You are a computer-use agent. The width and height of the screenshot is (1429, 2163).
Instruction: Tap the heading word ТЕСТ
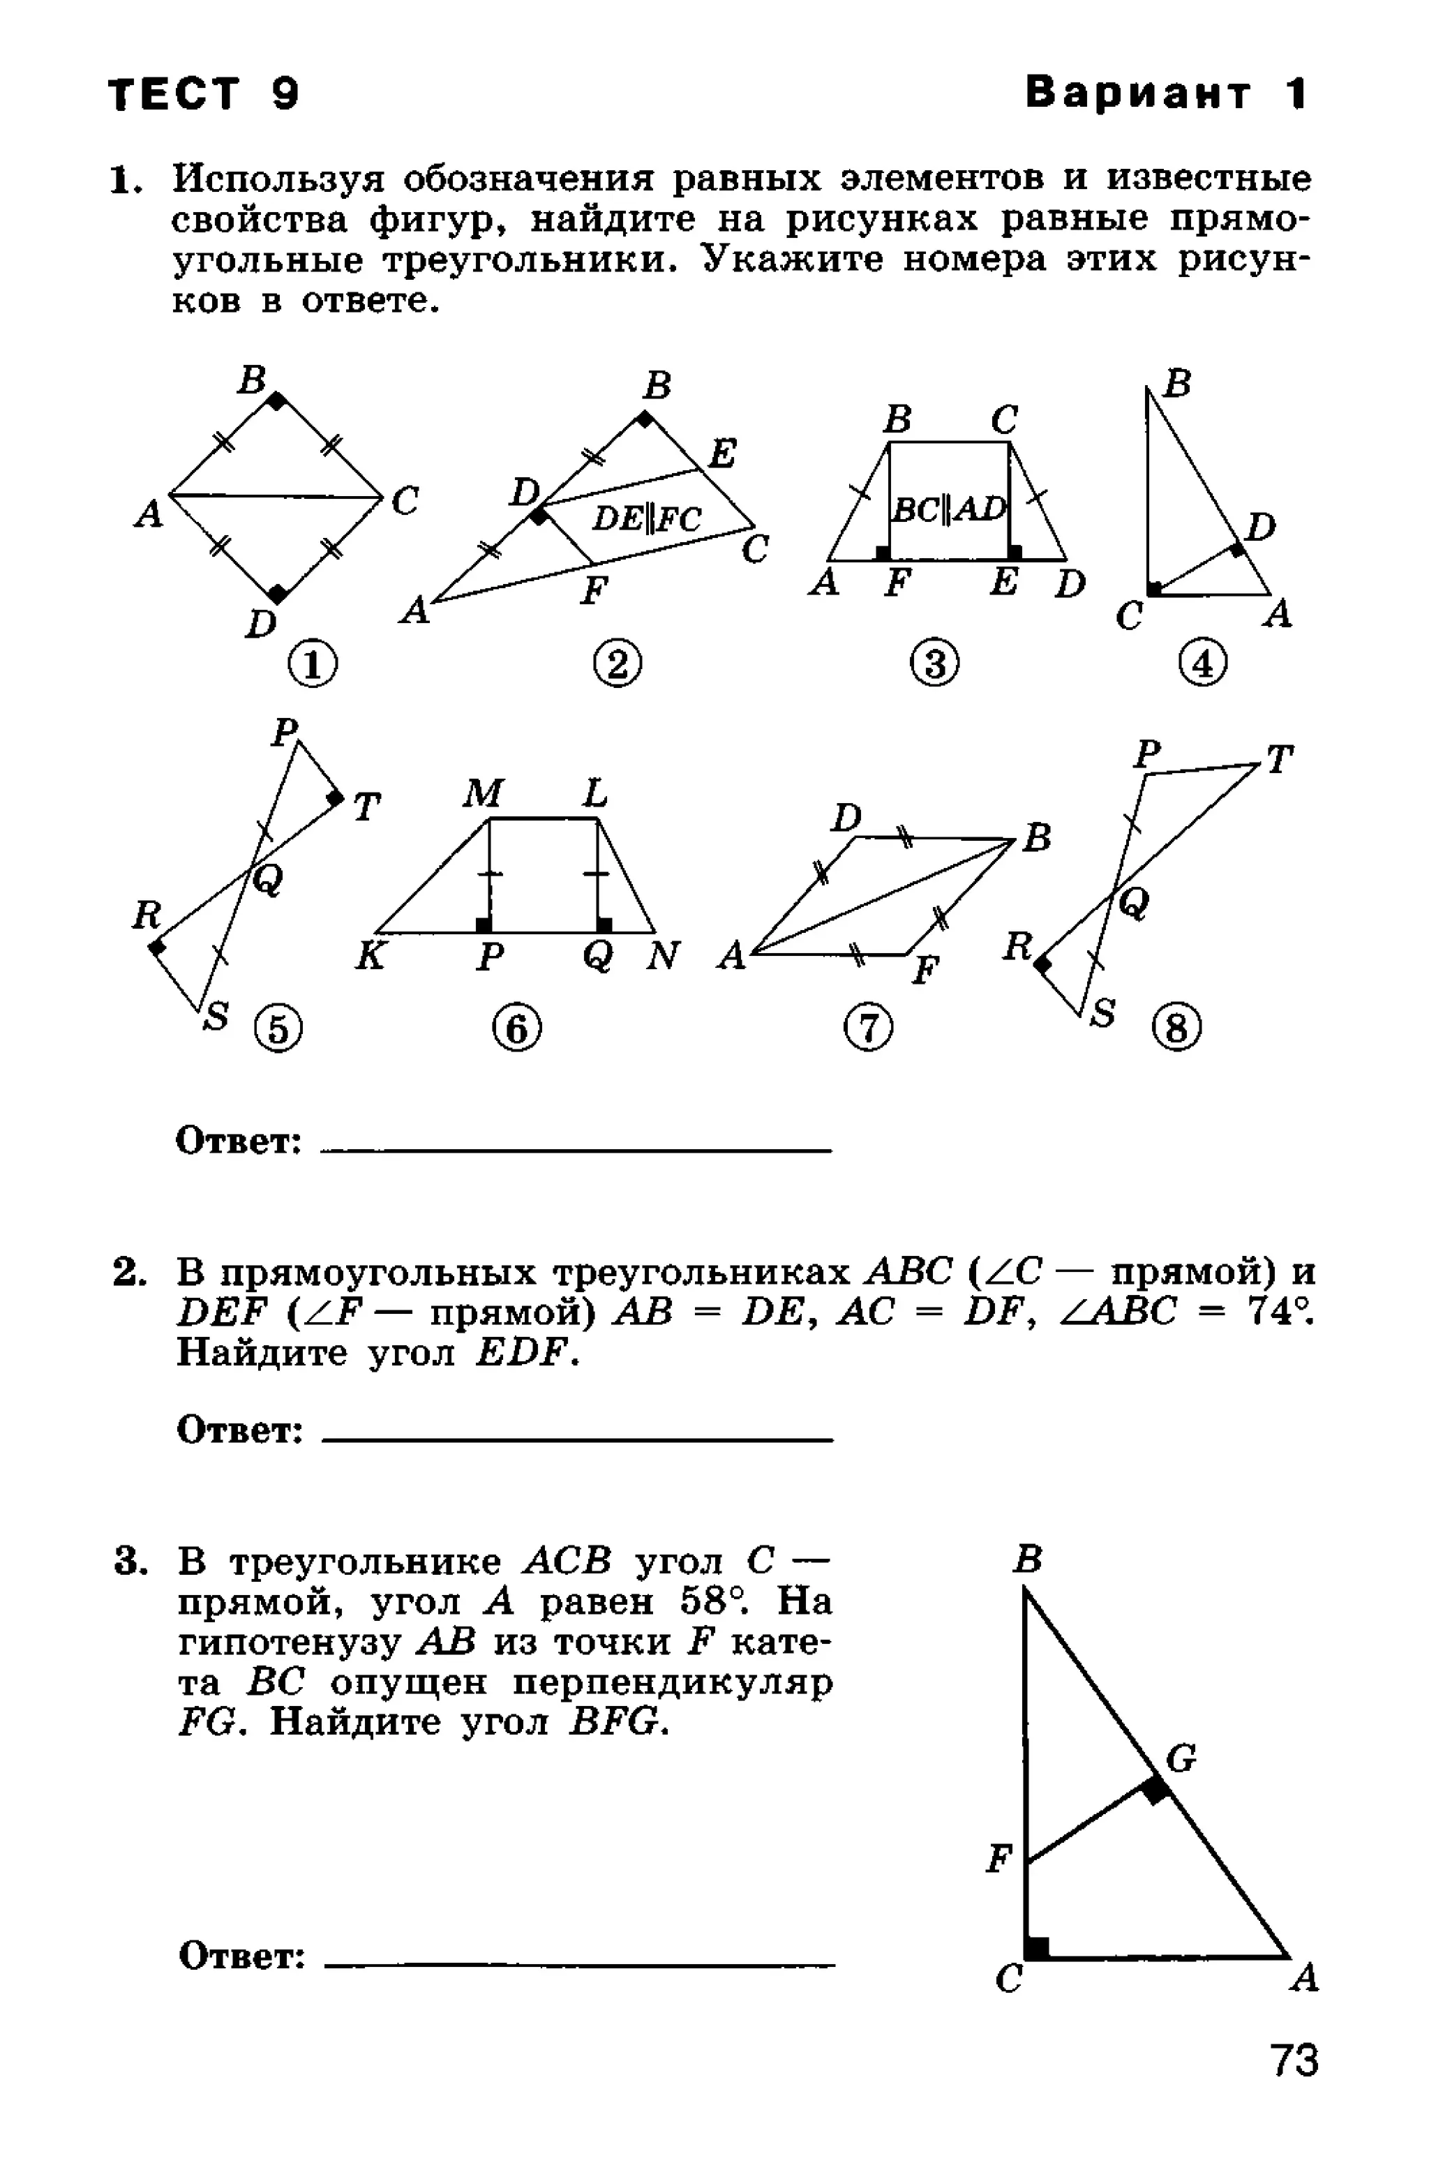(x=175, y=93)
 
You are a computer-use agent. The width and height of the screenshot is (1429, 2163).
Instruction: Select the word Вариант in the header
(x=1138, y=93)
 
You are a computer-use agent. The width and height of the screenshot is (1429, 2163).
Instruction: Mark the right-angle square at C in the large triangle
(x=1036, y=1948)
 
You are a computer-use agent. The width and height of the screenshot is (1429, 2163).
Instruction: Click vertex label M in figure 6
(x=482, y=793)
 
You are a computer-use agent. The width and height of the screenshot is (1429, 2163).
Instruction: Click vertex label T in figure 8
(x=1280, y=758)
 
